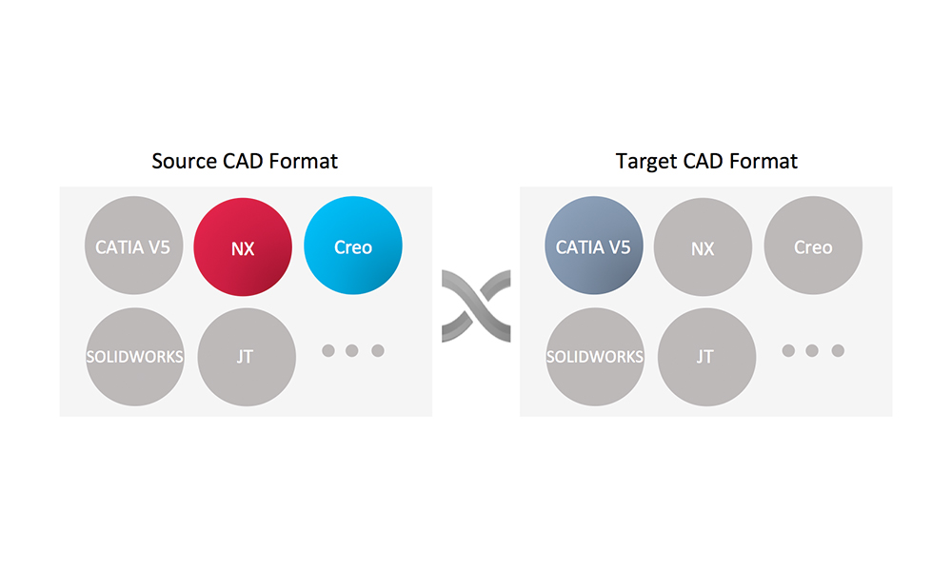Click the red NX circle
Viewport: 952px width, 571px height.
point(243,247)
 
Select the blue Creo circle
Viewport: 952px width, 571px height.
point(353,246)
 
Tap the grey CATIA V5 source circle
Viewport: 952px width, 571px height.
point(133,246)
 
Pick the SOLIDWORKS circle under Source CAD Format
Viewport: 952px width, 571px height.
point(135,357)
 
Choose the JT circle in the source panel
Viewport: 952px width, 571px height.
point(247,357)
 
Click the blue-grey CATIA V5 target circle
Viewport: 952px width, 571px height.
point(594,246)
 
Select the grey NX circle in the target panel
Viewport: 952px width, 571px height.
point(704,247)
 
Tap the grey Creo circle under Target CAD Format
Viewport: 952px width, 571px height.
point(813,246)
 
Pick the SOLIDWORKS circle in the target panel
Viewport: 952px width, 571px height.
point(595,357)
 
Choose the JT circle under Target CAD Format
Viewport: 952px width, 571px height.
point(706,357)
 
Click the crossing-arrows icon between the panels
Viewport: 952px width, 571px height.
point(476,306)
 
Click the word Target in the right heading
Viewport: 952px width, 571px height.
point(646,162)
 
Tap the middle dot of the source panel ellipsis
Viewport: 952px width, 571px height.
point(351,350)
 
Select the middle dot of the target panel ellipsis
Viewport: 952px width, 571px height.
point(812,350)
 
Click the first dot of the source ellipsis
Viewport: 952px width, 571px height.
point(328,350)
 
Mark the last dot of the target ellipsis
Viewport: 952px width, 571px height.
point(838,350)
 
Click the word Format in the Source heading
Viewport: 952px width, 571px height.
point(303,161)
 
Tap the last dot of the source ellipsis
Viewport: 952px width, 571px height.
point(378,350)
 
